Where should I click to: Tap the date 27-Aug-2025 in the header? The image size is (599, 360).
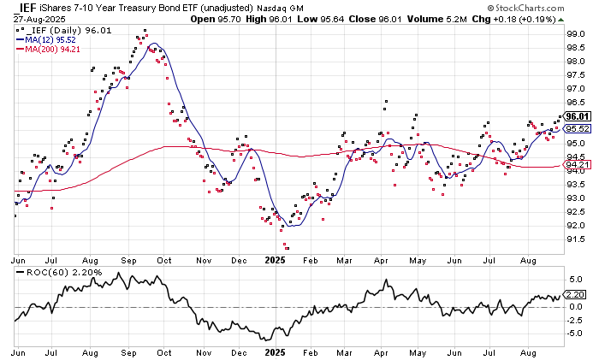coord(33,17)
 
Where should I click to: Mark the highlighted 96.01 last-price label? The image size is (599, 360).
coord(577,116)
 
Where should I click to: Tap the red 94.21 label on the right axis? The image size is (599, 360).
coord(577,165)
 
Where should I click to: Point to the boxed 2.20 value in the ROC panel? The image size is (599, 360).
coord(576,292)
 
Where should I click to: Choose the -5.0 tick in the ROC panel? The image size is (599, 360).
coord(575,333)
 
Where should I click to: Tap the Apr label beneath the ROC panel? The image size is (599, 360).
coord(381,352)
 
